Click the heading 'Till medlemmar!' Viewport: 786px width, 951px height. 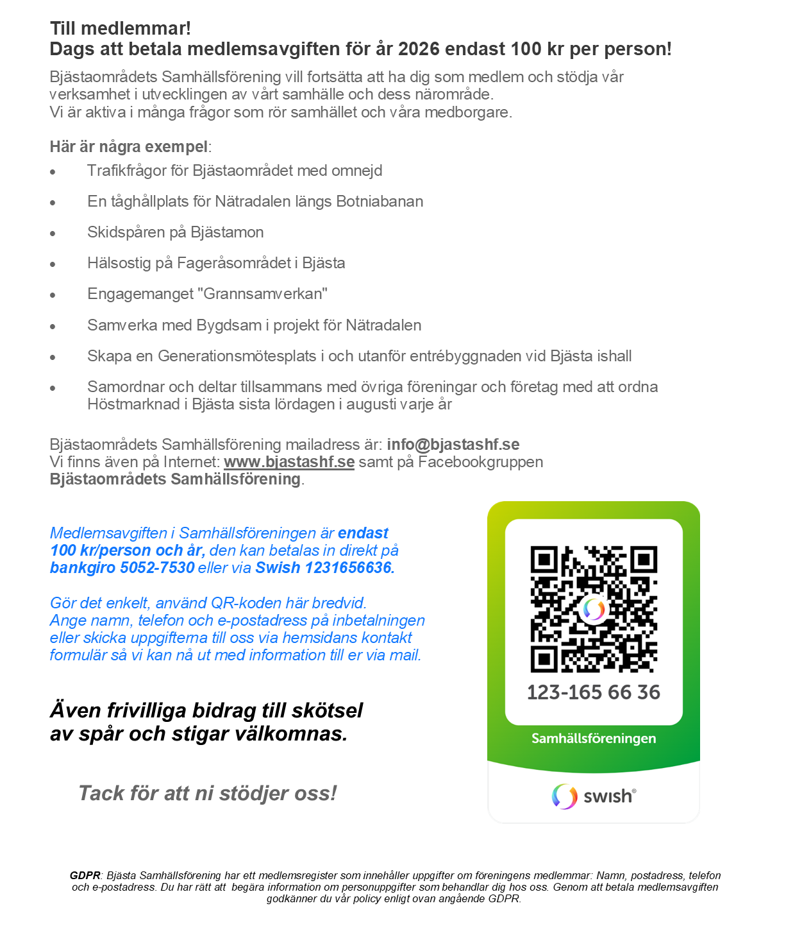click(121, 29)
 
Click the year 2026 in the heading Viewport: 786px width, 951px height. click(419, 49)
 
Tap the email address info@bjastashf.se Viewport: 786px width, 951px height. click(453, 445)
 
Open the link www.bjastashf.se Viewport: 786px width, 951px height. click(289, 462)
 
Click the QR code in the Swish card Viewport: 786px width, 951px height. click(594, 609)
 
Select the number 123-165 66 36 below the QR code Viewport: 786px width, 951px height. click(594, 692)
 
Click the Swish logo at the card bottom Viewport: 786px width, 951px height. click(594, 796)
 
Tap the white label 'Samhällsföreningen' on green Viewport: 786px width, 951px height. click(594, 739)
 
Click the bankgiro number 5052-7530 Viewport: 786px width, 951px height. click(157, 568)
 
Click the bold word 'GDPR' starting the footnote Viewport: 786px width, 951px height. click(85, 876)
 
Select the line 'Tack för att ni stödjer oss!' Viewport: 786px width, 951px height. click(207, 794)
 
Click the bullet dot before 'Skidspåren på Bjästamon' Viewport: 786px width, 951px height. click(53, 234)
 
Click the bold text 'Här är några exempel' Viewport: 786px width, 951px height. click(128, 147)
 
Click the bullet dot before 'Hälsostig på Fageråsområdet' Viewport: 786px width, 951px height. click(53, 264)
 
